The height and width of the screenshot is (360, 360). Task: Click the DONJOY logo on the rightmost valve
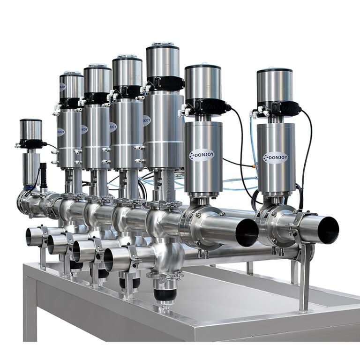point(275,158)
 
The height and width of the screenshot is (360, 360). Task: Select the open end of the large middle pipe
point(247,232)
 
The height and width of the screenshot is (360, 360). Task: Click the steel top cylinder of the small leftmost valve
point(31,129)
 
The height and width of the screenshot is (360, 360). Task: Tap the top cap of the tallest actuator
point(162,46)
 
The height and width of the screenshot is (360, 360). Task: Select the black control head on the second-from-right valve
point(206,105)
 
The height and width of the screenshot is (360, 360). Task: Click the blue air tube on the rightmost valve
point(254,141)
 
